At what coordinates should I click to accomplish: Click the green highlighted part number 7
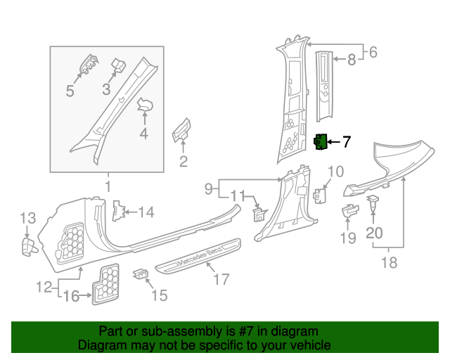click(x=321, y=142)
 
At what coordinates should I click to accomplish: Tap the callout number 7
click(x=346, y=142)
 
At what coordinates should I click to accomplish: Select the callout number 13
click(x=27, y=218)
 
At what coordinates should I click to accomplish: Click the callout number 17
click(x=221, y=280)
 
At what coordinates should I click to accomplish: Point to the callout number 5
click(x=70, y=91)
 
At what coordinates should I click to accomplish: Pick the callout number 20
click(x=375, y=232)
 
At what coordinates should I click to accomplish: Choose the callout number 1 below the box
click(x=108, y=186)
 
